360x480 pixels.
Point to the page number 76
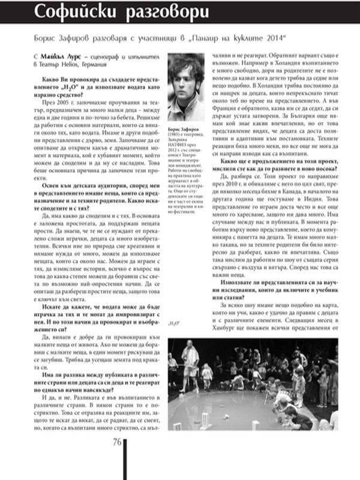point(116,443)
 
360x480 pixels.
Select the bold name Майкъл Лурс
point(66,55)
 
